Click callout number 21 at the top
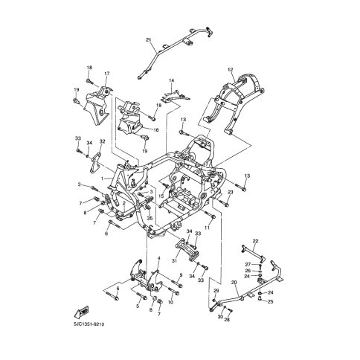148,39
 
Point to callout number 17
106,74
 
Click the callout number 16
156,129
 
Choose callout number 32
103,141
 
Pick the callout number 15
161,196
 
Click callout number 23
231,193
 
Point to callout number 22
255,242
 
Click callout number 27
248,265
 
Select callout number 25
271,303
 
